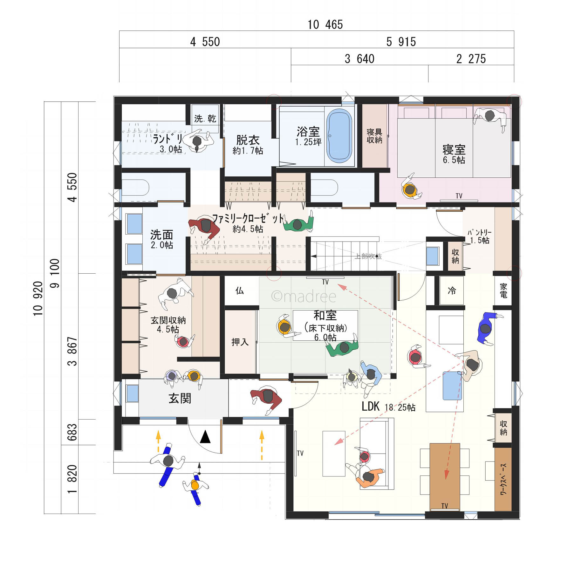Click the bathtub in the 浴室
tap(339, 136)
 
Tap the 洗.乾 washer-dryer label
tap(205, 119)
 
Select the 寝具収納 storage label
tap(374, 136)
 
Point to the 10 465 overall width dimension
tap(325, 25)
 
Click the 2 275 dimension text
tap(471, 59)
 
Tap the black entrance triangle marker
tap(205, 437)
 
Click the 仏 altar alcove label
tap(240, 291)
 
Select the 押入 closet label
tap(240, 342)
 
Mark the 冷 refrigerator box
tap(452, 291)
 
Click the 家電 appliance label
tap(503, 291)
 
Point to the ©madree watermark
tap(304, 297)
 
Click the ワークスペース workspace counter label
tap(503, 479)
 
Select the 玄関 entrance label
tap(180, 398)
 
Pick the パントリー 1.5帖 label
tap(479, 236)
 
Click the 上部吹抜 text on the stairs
tap(368, 256)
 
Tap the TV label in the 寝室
tap(459, 196)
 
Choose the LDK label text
tap(371, 406)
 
